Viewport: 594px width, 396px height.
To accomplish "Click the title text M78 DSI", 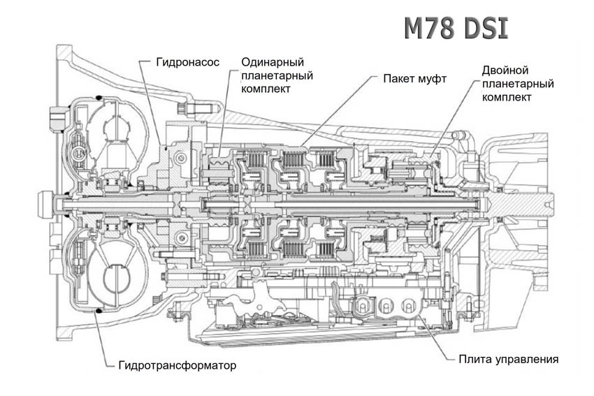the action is pos(456,29).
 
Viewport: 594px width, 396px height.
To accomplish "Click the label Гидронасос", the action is pos(187,61).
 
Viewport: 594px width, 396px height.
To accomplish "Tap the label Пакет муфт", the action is pos(415,79).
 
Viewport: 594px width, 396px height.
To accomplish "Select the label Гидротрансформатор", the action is pos(178,365).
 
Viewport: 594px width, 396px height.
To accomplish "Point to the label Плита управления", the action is pos(508,359).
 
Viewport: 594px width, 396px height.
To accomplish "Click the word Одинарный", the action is pos(273,62).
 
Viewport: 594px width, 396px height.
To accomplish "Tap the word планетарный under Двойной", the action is pos(518,84).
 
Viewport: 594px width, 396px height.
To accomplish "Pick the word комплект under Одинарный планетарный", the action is pos(266,89).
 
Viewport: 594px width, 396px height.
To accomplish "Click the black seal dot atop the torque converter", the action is pos(99,98).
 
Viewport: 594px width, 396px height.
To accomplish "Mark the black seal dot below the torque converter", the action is pos(99,311).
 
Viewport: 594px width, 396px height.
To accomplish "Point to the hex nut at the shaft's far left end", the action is pos(45,205).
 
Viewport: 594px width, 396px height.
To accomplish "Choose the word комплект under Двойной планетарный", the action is pos(507,97).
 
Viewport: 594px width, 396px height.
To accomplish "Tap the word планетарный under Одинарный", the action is pos(277,75).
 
